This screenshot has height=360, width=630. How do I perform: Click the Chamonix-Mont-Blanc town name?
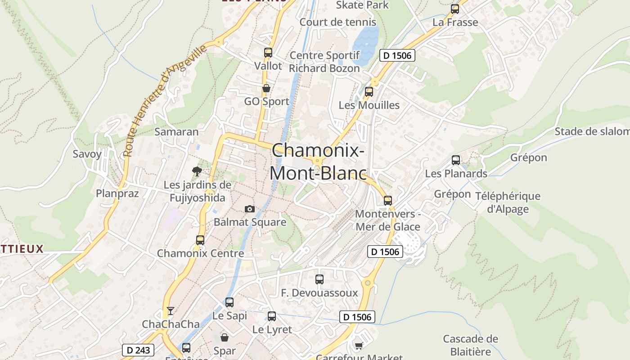pyautogui.click(x=318, y=162)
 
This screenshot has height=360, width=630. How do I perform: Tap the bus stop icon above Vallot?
pyautogui.click(x=268, y=53)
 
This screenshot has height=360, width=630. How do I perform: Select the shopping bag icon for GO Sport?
pyautogui.click(x=266, y=88)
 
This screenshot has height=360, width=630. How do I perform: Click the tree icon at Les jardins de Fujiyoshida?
pyautogui.click(x=197, y=171)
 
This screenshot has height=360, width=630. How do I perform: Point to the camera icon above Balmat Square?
pyautogui.click(x=249, y=209)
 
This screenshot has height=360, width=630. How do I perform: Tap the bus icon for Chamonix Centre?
pyautogui.click(x=200, y=240)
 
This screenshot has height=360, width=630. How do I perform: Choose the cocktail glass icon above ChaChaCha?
pyautogui.click(x=170, y=310)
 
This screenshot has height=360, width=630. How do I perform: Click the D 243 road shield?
pyautogui.click(x=138, y=350)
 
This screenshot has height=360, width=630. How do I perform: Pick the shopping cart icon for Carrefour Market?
pyautogui.click(x=359, y=346)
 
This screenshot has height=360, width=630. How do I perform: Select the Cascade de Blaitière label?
pyautogui.click(x=470, y=345)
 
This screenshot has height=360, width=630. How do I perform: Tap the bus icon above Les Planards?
pyautogui.click(x=456, y=160)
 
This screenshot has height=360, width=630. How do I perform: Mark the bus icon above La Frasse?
pyautogui.click(x=455, y=9)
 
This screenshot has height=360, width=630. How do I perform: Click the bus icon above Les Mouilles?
pyautogui.click(x=369, y=92)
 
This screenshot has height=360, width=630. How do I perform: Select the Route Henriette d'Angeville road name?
pyautogui.click(x=164, y=100)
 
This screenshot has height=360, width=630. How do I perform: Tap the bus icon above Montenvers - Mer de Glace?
pyautogui.click(x=388, y=201)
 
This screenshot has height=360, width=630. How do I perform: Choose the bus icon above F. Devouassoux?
pyautogui.click(x=319, y=279)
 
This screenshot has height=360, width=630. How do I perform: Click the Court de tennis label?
pyautogui.click(x=337, y=22)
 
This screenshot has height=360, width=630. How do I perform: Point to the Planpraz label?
pyautogui.click(x=117, y=193)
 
